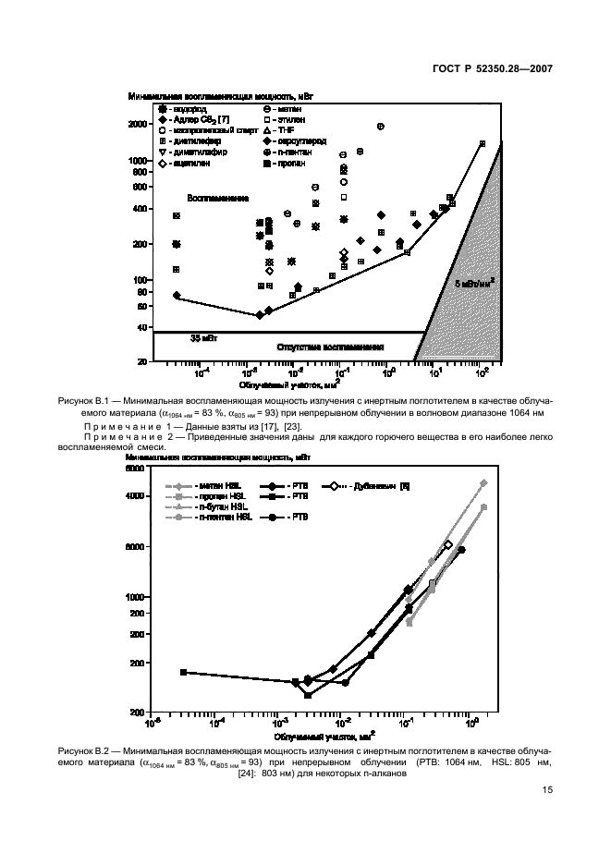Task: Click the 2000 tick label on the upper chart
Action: pos(138,124)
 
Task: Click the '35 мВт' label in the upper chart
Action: pos(202,338)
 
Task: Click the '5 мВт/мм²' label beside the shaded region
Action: pos(474,284)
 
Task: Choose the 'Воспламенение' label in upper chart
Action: pos(218,198)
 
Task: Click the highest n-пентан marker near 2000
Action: pos(380,126)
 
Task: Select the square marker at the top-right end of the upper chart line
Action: pos(482,143)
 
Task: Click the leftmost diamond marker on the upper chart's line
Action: pos(176,296)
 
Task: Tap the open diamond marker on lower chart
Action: pos(448,545)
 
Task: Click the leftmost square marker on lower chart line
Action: pos(183,672)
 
